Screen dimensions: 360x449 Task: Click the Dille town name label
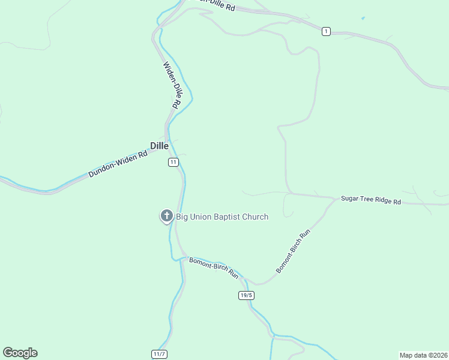pyautogui.click(x=159, y=146)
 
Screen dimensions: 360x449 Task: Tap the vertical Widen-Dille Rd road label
pyautogui.click(x=172, y=85)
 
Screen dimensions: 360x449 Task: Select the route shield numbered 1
pyautogui.click(x=326, y=31)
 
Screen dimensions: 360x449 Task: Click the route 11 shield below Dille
pyautogui.click(x=173, y=163)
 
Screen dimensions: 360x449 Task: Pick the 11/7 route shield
pyautogui.click(x=159, y=355)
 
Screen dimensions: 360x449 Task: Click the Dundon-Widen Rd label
pyautogui.click(x=118, y=164)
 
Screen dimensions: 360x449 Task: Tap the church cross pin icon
pyautogui.click(x=166, y=216)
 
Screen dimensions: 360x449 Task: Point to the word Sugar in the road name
pyautogui.click(x=351, y=198)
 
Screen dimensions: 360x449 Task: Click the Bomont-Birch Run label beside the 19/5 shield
pyautogui.click(x=214, y=268)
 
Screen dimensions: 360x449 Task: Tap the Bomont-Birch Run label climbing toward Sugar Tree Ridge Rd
pyautogui.click(x=292, y=251)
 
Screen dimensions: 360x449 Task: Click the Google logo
pyautogui.click(x=20, y=353)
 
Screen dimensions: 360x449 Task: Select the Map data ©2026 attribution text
pyautogui.click(x=424, y=355)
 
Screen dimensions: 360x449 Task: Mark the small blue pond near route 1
pyautogui.click(x=363, y=18)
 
